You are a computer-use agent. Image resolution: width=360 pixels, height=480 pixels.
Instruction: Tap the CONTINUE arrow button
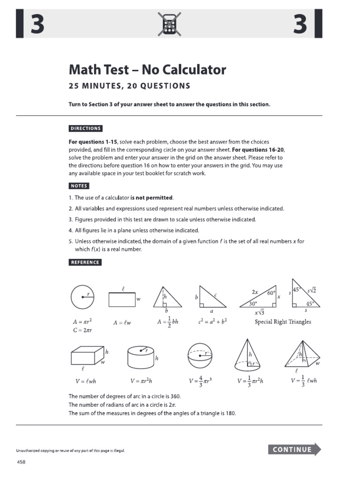(x=294, y=449)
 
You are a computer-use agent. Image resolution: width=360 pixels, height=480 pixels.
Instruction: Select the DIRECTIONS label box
(x=85, y=128)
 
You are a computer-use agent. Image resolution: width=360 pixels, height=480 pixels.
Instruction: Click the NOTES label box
(x=79, y=186)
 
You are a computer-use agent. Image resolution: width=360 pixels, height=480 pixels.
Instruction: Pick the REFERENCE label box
(x=85, y=262)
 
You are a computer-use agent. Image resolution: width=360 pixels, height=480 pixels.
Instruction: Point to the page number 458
(x=21, y=462)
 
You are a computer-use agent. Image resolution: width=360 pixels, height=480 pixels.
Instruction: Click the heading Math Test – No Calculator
(x=147, y=70)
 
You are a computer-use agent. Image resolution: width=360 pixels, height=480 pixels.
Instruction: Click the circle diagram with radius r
(x=82, y=297)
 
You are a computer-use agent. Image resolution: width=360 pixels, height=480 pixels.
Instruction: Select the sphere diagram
(x=200, y=357)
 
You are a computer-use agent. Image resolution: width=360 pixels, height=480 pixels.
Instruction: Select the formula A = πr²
(x=83, y=322)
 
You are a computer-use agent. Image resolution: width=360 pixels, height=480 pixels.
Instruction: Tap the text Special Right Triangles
(x=283, y=322)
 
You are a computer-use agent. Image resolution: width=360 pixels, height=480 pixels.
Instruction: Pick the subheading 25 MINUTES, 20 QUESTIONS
(x=129, y=86)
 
